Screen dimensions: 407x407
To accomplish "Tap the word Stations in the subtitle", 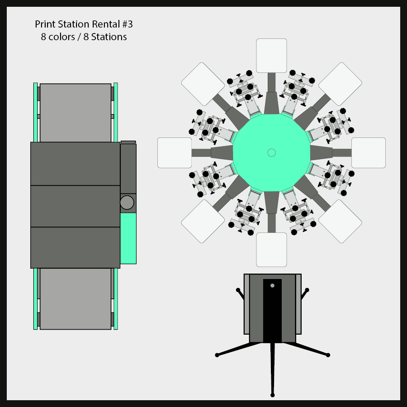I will tap(109, 37).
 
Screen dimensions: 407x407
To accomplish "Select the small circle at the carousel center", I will tap(271, 152).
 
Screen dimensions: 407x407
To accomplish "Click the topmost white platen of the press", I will tap(271, 56).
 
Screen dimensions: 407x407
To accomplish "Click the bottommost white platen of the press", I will tap(271, 250).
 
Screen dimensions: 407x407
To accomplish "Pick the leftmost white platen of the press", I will tap(175, 153).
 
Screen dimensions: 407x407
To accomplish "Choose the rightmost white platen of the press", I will tap(369, 153).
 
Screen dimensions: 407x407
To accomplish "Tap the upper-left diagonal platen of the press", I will tap(203, 84).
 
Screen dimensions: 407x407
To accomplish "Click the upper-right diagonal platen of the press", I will tap(340, 84).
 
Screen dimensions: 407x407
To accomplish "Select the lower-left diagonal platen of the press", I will tap(203, 221).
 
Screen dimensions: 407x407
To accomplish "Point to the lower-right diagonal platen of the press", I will tap(340, 221).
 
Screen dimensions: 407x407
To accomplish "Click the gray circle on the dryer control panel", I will tap(127, 202).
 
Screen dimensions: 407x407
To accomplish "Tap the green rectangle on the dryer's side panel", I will tap(128, 238).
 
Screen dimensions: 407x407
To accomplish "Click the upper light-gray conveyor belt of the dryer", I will tap(76, 113).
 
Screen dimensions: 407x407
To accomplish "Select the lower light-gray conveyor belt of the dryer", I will tap(76, 298).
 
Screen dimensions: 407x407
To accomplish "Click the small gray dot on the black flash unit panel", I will tap(272, 285).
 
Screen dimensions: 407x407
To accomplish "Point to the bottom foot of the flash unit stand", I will tap(272, 395).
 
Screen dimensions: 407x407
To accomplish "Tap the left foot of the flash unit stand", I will tap(217, 355).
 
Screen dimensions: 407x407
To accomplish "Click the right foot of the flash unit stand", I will tap(328, 355).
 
